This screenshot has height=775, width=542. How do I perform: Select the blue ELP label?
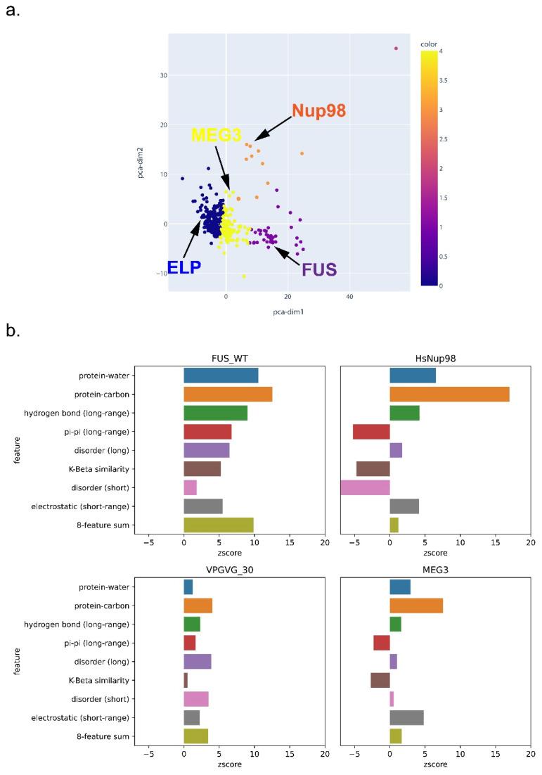click(x=184, y=267)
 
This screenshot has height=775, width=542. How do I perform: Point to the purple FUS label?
click(x=319, y=269)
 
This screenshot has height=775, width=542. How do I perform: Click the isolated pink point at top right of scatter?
click(x=396, y=49)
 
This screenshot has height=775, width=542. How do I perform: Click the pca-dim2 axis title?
click(x=141, y=162)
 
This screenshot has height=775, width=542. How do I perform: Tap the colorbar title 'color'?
click(x=428, y=44)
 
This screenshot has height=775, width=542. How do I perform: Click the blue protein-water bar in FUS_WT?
click(x=221, y=376)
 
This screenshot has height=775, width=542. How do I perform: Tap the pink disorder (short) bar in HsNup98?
click(x=365, y=487)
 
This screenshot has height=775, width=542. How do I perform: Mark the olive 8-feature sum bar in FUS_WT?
click(x=218, y=525)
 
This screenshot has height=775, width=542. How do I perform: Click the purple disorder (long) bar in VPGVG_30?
click(x=198, y=662)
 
